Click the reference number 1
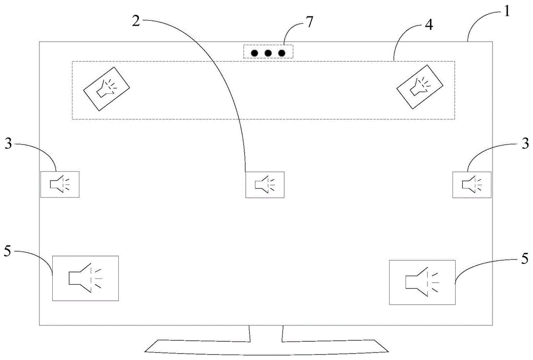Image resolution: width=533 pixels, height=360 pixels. coord(506,12)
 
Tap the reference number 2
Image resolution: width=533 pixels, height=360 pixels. coord(136,21)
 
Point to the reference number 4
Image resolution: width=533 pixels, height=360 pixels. coord(429,25)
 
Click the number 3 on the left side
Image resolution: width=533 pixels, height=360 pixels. coord(8,143)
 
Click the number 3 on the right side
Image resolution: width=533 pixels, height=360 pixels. coord(525,143)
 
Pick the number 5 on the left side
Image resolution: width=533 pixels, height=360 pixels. coord(7,252)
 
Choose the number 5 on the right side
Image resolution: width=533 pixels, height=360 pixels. coord(524,259)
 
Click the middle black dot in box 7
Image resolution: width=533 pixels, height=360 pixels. coord(268,53)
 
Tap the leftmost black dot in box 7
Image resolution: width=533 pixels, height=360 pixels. coord(254,53)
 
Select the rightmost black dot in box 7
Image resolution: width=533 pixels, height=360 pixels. coord(282,53)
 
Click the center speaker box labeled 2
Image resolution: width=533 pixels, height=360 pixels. coord(265,185)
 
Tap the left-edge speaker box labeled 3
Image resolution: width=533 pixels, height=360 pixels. coord(60,185)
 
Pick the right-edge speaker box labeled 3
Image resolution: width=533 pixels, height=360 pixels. coord(472,185)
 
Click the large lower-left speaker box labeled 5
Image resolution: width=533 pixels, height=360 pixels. coord(85,278)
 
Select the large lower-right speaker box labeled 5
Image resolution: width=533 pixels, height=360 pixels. coord(422,283)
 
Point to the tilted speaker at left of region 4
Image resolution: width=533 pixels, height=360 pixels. coord(107,89)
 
